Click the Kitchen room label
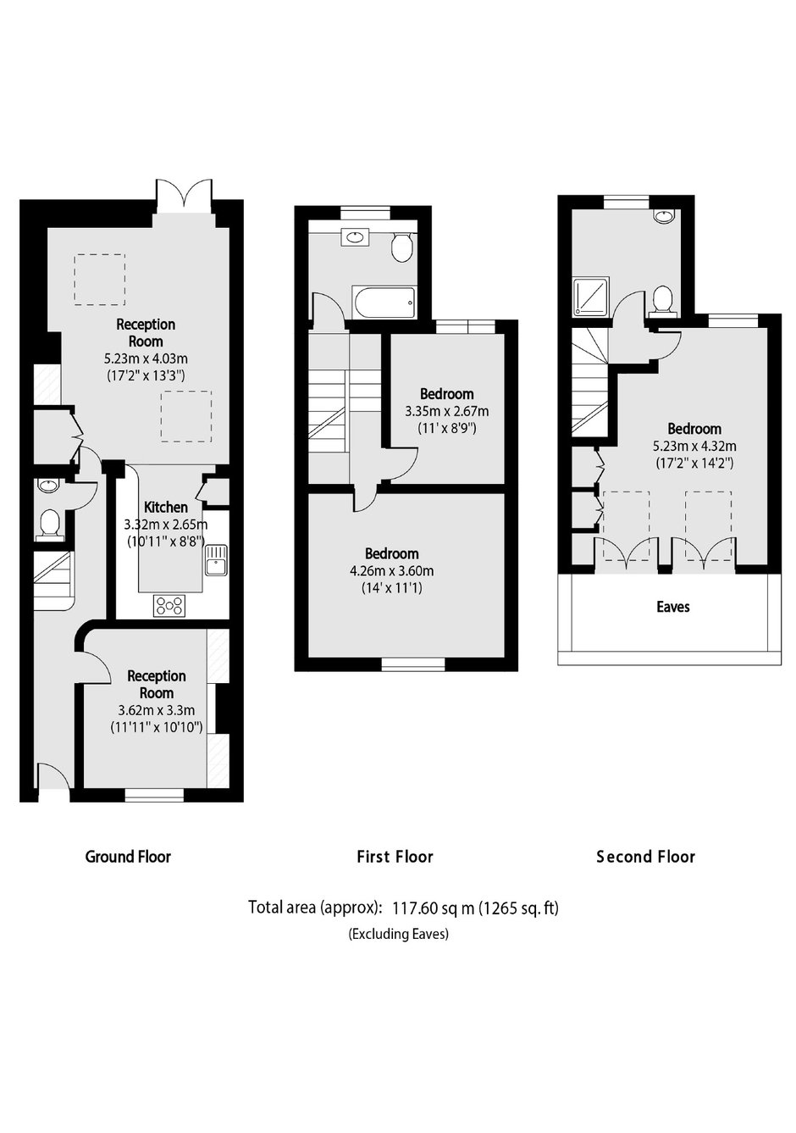pyautogui.click(x=166, y=507)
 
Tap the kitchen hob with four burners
pyautogui.click(x=169, y=605)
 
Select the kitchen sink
pyautogui.click(x=216, y=560)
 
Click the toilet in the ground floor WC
pyautogui.click(x=49, y=523)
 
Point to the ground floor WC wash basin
pyautogui.click(x=48, y=486)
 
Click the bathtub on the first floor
pyautogui.click(x=384, y=303)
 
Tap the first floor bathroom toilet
pyautogui.click(x=403, y=247)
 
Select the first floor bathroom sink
pyautogui.click(x=356, y=236)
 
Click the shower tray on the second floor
pyautogui.click(x=592, y=297)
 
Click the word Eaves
pyautogui.click(x=672, y=607)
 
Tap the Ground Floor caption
pyautogui.click(x=128, y=857)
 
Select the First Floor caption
pyautogui.click(x=395, y=857)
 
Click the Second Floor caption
pyautogui.click(x=646, y=857)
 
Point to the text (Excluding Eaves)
pyautogui.click(x=398, y=934)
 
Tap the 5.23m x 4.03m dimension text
pyautogui.click(x=146, y=358)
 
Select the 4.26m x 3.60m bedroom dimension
pyautogui.click(x=392, y=571)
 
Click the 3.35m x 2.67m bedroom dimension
pyautogui.click(x=447, y=411)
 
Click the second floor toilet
pyautogui.click(x=661, y=301)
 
